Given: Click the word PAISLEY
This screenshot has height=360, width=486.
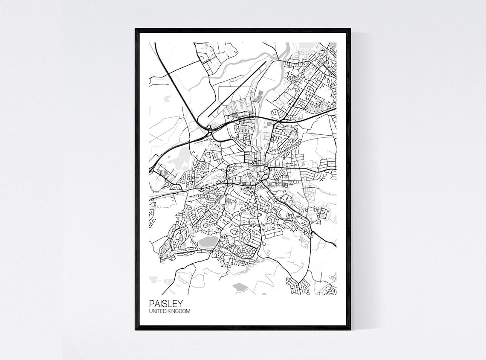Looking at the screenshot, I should (166, 303).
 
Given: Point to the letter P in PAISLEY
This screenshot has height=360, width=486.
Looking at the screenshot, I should (152, 303).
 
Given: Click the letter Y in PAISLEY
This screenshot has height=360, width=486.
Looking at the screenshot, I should (180, 303).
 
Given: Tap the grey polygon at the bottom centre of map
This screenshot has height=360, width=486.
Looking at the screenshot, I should (240, 286).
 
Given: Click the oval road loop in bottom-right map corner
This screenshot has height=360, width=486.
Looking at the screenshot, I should (330, 290).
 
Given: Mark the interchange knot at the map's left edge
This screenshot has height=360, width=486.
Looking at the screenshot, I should (151, 170).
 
